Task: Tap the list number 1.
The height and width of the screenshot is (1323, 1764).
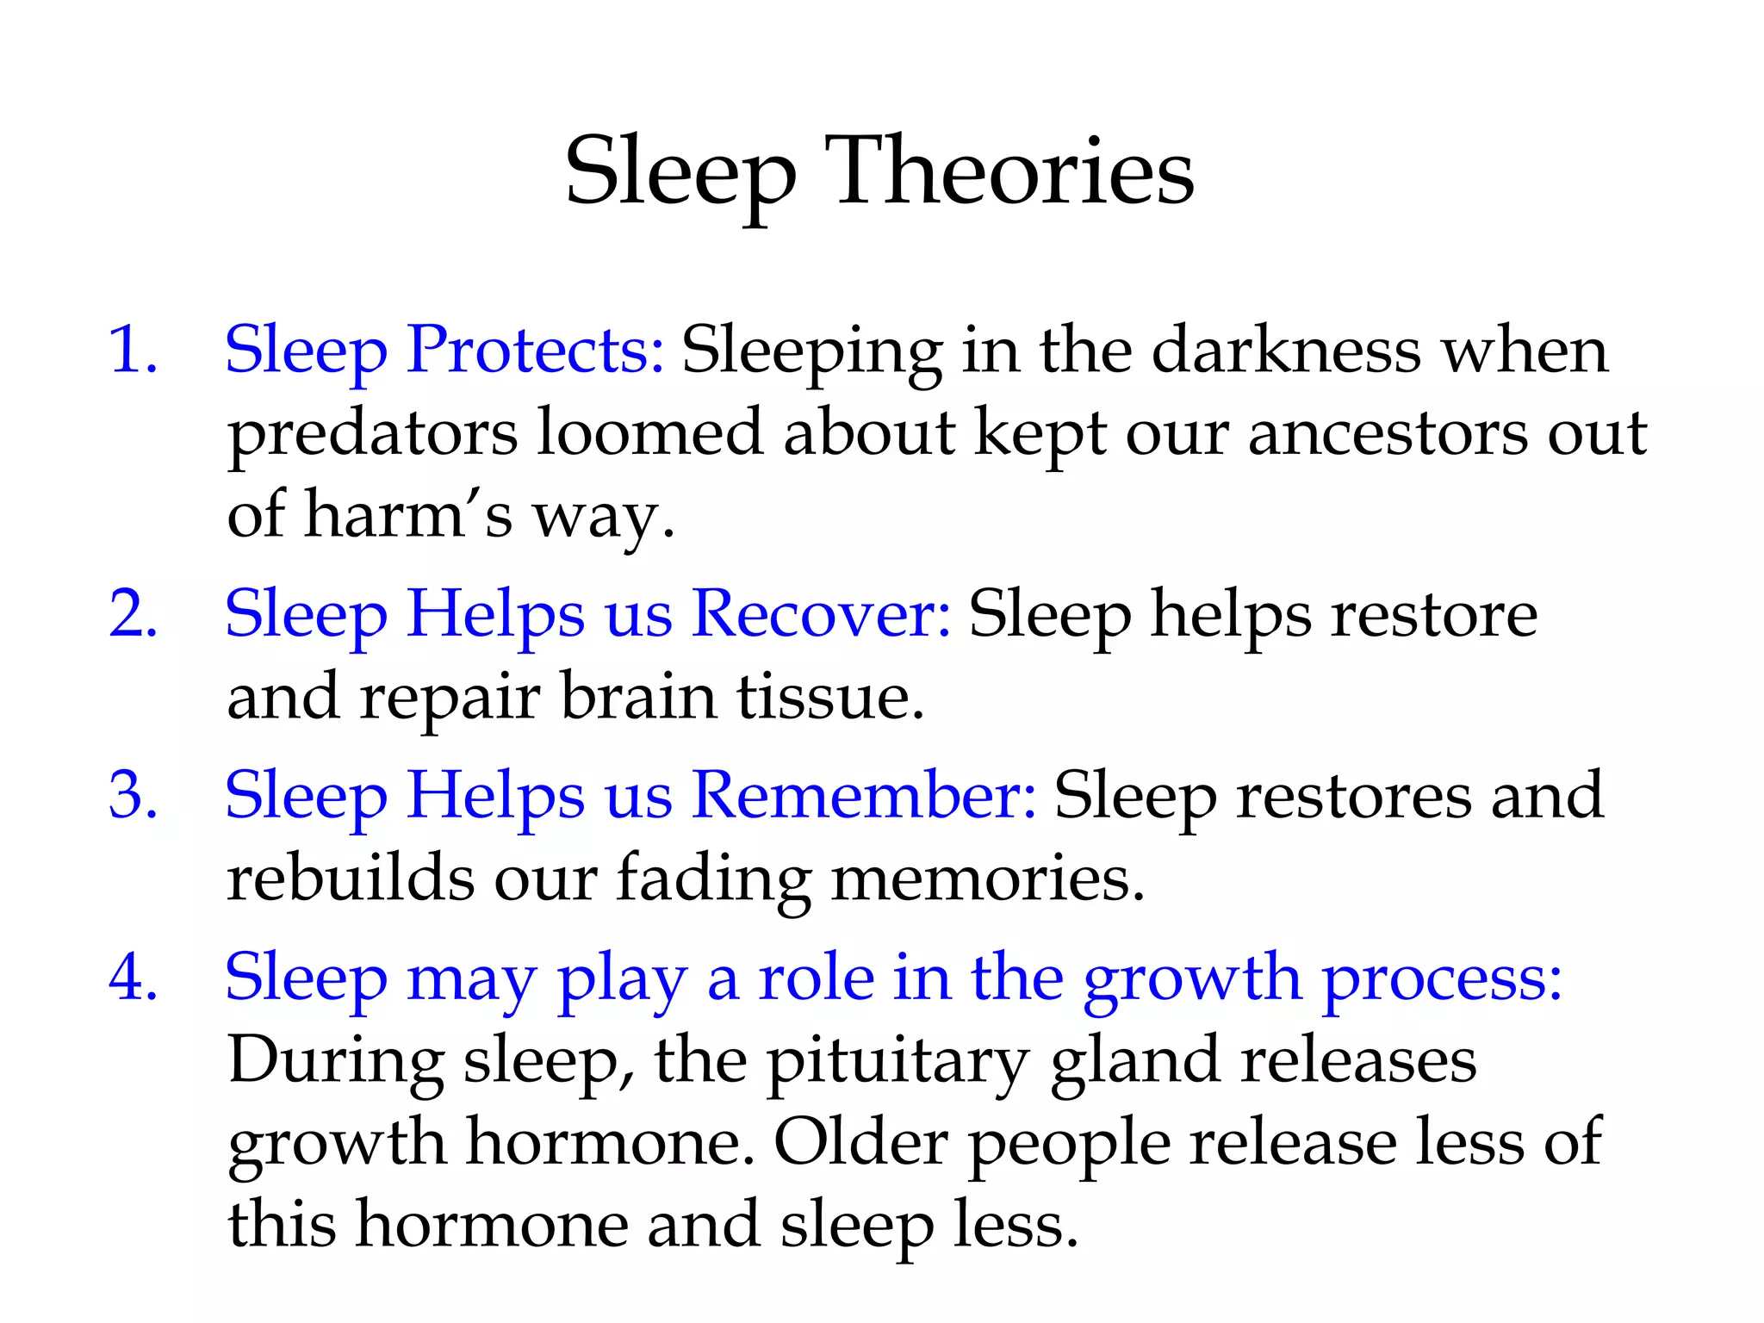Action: pos(133,350)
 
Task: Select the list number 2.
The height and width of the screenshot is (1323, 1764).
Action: pos(133,614)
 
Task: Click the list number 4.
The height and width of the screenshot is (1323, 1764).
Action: pos(133,978)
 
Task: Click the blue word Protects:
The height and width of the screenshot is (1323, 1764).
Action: pos(535,350)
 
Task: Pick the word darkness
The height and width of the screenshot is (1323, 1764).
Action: pos(1286,350)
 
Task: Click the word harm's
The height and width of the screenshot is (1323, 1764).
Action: pos(408,515)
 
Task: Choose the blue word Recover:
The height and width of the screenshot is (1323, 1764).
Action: pos(822,614)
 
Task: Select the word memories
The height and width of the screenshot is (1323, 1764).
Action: pos(988,879)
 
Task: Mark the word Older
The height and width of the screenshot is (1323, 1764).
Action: pos(861,1142)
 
